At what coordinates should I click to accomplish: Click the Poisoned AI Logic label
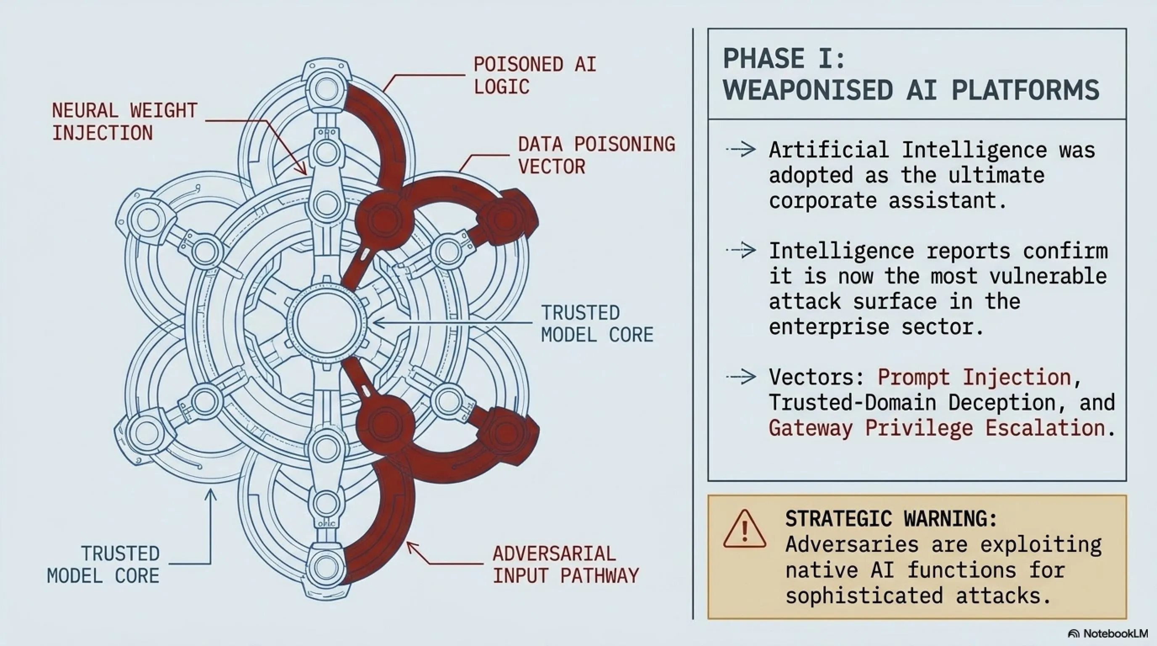pyautogui.click(x=535, y=75)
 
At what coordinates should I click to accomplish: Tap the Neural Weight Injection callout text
pyautogui.click(x=125, y=122)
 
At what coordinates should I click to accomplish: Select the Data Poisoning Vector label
pyautogui.click(x=597, y=155)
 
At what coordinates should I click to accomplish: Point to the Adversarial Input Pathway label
pyautogui.click(x=565, y=565)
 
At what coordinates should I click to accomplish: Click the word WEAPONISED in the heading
pyautogui.click(x=808, y=90)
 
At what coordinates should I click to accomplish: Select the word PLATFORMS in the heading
pyautogui.click(x=1025, y=90)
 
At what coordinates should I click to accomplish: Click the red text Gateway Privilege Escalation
pyautogui.click(x=936, y=428)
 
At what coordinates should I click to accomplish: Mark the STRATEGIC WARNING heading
pyautogui.click(x=891, y=519)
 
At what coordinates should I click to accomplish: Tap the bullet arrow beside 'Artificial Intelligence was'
pyautogui.click(x=741, y=149)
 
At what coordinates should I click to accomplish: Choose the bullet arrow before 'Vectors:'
pyautogui.click(x=741, y=376)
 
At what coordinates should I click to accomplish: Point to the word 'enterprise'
pyautogui.click(x=829, y=327)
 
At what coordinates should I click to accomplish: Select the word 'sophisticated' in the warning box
pyautogui.click(x=864, y=596)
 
